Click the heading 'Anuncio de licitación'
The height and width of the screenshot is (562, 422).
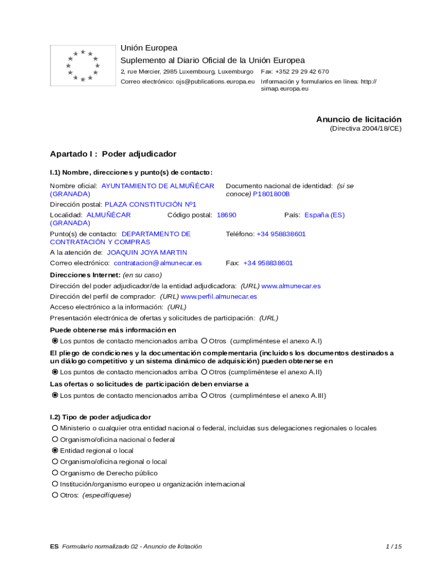358,119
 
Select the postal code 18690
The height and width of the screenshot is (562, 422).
226,215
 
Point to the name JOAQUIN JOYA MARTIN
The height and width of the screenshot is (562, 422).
147,252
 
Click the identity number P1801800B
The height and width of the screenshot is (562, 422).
271,194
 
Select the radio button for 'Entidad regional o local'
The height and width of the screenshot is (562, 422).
55,451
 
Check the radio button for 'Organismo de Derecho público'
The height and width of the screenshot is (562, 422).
55,473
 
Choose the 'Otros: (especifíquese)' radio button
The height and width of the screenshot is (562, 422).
55,495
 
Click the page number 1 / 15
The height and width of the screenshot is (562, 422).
394,546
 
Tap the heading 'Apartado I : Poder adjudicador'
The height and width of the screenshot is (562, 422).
113,154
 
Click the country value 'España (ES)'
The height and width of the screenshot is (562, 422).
324,215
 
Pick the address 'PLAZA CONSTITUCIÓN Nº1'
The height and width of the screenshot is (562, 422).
150,204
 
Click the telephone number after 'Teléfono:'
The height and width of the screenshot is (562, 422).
281,234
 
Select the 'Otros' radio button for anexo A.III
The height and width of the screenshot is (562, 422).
204,395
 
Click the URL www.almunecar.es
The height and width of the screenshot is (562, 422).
291,286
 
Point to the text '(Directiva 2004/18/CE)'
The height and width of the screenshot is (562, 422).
366,128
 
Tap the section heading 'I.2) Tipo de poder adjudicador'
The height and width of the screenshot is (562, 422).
100,417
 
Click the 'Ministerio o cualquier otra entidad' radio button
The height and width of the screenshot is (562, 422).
55,428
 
